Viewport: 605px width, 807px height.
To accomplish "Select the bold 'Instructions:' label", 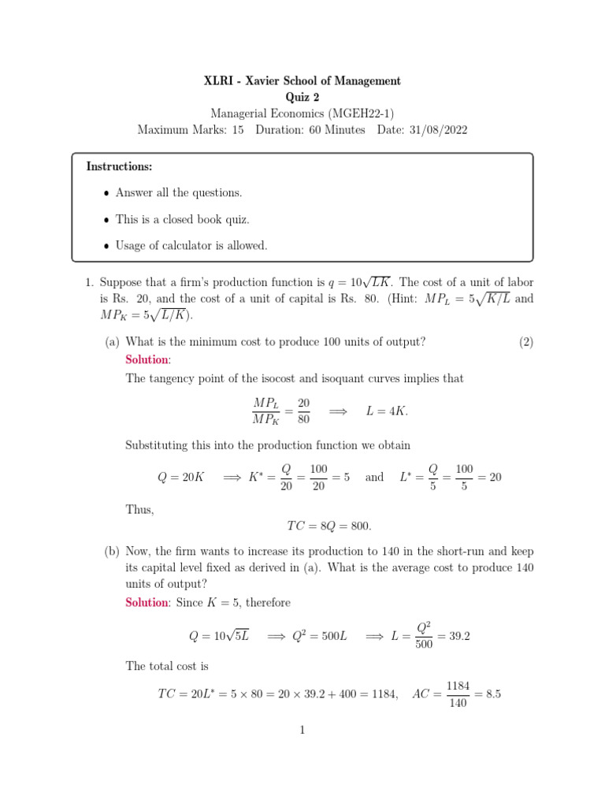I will point(119,167).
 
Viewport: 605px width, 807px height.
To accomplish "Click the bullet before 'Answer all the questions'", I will point(107,194).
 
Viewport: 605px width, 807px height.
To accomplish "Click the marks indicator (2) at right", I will point(526,341).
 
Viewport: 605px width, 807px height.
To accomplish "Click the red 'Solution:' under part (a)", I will point(147,360).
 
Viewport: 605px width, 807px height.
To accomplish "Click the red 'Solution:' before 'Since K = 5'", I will point(147,603).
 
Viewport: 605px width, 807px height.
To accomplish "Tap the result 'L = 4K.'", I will point(388,411).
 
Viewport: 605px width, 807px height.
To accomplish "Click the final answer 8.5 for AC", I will point(494,694).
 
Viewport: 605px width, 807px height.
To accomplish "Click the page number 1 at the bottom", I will point(302,731).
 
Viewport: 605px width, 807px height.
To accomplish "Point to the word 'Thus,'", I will point(139,509).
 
